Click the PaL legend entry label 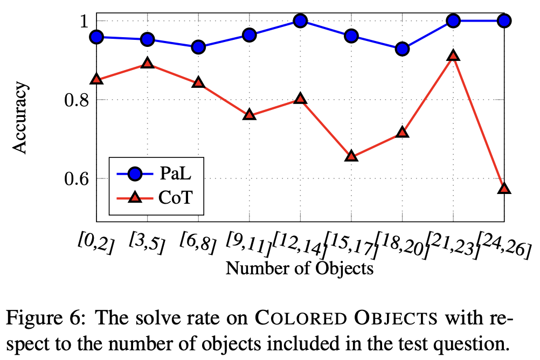[x=175, y=174]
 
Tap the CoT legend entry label [x=176, y=198]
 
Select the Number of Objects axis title [x=299, y=268]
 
